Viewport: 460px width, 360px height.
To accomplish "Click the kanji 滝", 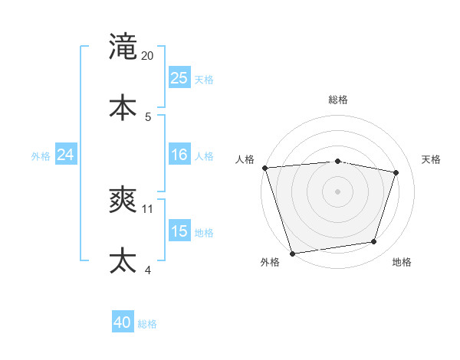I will point(123,47).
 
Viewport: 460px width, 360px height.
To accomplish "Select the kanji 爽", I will point(123,200).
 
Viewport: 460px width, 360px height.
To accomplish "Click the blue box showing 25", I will point(179,78).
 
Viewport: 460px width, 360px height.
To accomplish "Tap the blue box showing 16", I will point(179,155).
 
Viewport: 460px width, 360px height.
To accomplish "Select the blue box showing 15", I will point(179,231).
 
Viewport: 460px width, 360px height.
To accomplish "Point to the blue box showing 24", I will point(65,155).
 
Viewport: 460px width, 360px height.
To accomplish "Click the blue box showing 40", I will point(123,323).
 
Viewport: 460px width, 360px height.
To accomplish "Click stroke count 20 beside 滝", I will point(148,55).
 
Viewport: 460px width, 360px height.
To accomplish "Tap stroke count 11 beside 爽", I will point(148,208).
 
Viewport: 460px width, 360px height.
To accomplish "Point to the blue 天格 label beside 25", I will point(204,79).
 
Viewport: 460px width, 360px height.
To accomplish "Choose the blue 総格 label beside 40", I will point(147,324).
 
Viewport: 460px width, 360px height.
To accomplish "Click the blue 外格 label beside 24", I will point(41,155).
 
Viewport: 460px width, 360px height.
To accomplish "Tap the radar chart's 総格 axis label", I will point(338,100).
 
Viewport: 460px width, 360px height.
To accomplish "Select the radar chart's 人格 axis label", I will point(245,159).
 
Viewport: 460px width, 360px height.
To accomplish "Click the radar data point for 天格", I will point(396,172).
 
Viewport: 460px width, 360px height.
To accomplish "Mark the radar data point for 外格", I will point(292,253).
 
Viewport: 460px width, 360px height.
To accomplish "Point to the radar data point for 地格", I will point(374,242).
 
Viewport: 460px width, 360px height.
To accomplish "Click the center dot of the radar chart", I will point(338,191).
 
